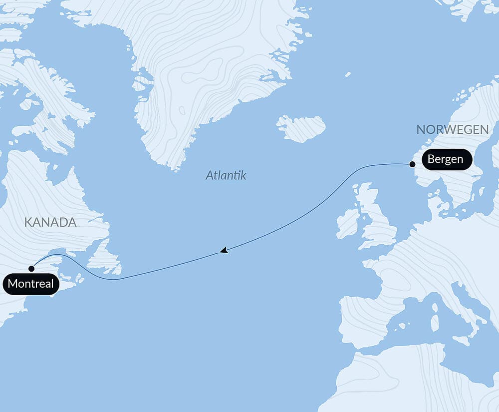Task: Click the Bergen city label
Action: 446,160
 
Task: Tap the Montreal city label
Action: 31,284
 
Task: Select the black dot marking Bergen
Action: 412,164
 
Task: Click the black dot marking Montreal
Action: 31,269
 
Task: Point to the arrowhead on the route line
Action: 224,250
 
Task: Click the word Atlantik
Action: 226,175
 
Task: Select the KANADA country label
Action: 50,222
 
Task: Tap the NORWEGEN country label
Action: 452,130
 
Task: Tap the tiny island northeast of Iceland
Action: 347,74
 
